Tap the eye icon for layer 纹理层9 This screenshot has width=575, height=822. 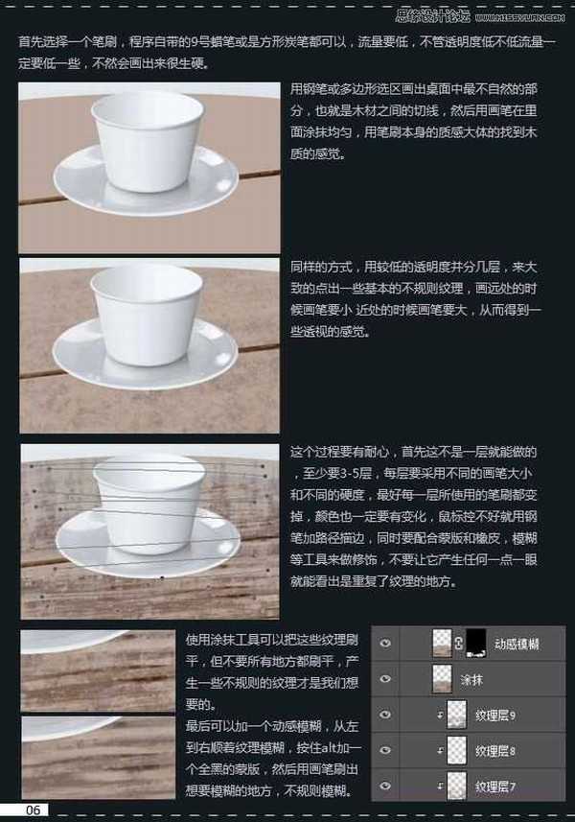[385, 715]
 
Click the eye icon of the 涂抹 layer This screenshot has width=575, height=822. [385, 679]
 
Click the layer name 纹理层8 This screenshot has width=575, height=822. [495, 750]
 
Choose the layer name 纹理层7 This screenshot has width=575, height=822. [495, 786]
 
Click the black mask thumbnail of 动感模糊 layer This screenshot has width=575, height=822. [478, 644]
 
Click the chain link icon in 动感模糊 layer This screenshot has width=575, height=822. [461, 644]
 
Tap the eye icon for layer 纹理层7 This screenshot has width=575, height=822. [385, 786]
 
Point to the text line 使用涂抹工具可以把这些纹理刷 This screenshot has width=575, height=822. [271, 638]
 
